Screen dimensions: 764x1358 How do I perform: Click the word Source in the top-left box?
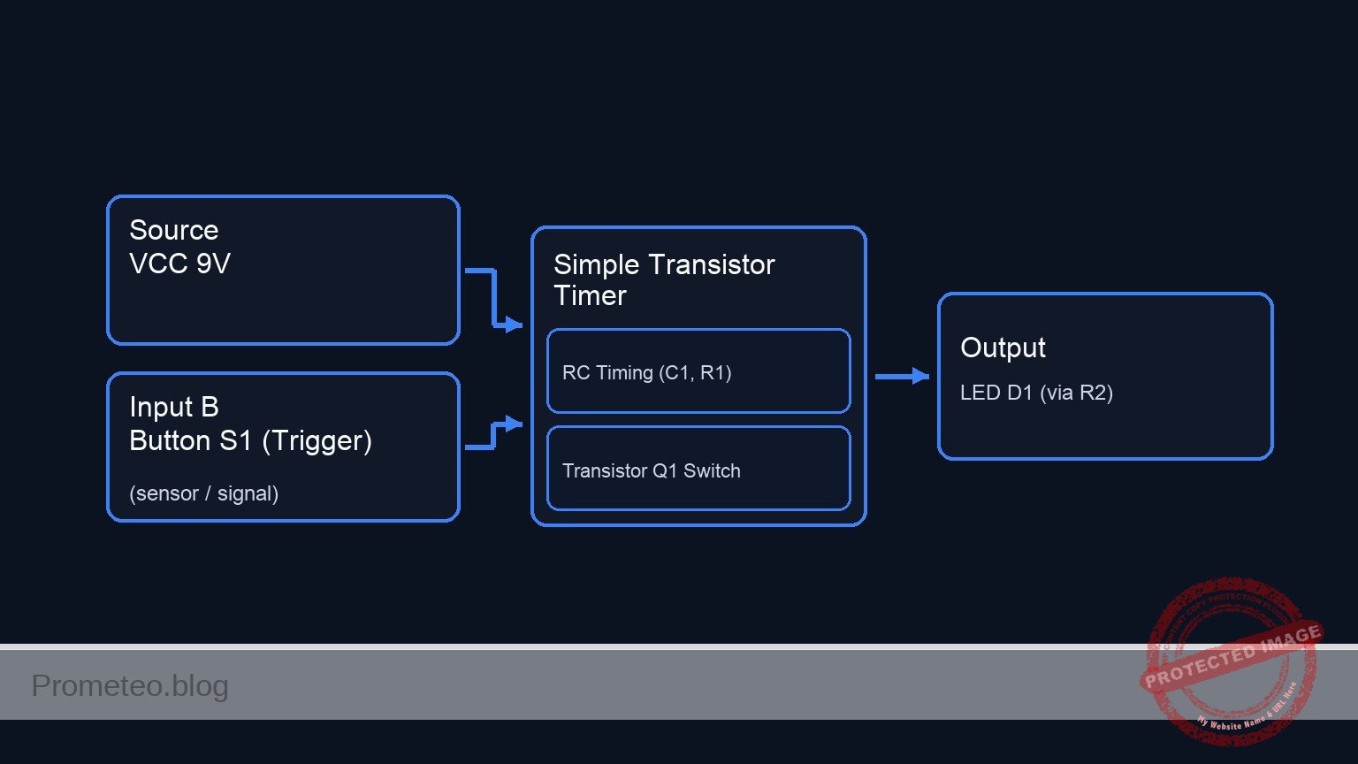173,230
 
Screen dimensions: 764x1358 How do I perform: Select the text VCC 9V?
179,264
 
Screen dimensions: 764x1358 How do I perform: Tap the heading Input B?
173,407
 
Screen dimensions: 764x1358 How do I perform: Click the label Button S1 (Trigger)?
250,440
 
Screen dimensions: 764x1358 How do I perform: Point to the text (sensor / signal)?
203,493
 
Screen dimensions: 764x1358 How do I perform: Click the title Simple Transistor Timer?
664,279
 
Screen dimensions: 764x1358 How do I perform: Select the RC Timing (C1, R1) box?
698,371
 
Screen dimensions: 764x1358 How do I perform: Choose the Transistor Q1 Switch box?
698,470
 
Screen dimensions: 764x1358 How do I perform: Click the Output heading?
1003,348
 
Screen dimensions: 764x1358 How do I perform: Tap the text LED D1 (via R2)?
1036,393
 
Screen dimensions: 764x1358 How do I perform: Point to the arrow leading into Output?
902,377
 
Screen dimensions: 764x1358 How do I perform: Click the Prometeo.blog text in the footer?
130,685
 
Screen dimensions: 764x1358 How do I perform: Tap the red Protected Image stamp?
1231,661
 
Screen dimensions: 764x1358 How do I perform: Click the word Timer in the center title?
590,295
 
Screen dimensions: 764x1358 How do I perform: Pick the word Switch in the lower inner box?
712,470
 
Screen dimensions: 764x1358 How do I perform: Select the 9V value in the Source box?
213,264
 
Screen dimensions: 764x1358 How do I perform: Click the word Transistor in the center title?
713,264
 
